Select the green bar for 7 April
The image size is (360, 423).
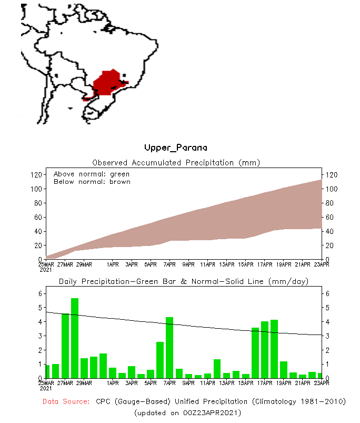click(169, 348)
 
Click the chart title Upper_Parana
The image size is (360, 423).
click(176, 147)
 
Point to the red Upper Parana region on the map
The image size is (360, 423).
click(107, 82)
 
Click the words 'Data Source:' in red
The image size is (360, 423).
click(66, 401)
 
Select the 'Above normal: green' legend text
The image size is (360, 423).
click(92, 174)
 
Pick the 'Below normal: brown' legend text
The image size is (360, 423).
click(92, 182)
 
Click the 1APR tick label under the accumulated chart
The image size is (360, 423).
click(112, 264)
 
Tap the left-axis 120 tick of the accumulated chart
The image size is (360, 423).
click(36, 175)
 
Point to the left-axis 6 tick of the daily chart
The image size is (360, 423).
click(40, 293)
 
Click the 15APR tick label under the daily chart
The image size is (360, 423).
click(246, 383)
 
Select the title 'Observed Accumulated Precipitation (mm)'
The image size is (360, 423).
click(176, 163)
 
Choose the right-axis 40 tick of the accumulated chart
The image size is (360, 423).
click(333, 231)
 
